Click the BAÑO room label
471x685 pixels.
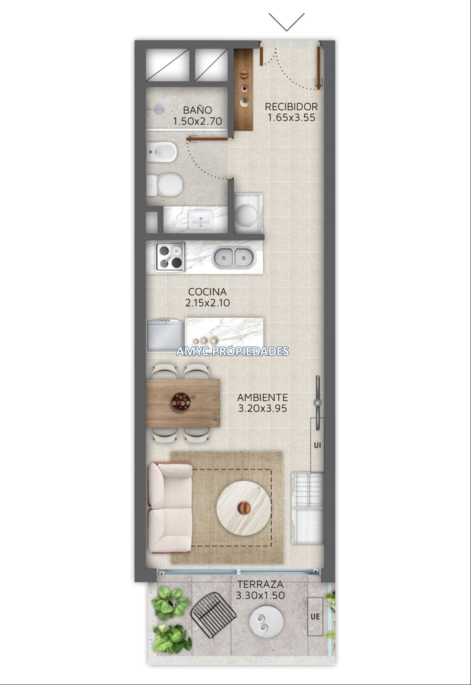tap(197, 110)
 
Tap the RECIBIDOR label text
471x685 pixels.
tap(291, 107)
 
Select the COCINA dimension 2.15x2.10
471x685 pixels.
tap(207, 303)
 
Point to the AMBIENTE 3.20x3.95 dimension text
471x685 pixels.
tap(262, 408)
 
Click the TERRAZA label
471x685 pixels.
tap(260, 584)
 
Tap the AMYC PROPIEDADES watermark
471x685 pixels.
tap(233, 351)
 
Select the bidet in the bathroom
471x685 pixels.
tap(162, 152)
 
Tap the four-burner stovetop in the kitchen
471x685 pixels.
tap(171, 257)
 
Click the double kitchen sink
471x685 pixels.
tap(233, 258)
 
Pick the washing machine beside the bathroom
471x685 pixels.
tap(249, 213)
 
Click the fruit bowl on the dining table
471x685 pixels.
tap(181, 402)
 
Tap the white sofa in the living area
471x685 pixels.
tap(170, 508)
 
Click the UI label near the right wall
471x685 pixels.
tap(317, 445)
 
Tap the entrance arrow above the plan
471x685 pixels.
tap(286, 22)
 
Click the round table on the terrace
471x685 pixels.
tap(267, 621)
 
